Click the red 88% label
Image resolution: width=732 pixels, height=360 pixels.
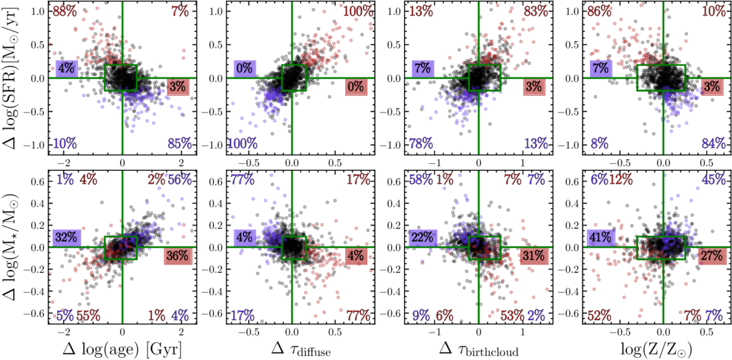point(64,11)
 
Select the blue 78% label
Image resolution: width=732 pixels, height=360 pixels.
point(421,143)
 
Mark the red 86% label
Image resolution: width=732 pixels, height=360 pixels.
point(600,11)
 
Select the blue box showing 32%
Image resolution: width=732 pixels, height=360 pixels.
point(67,237)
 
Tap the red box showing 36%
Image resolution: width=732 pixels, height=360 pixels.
point(178,256)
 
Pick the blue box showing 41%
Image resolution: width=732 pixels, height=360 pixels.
point(601,237)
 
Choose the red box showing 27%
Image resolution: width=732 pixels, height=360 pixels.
point(713,256)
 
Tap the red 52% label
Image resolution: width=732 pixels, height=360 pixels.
point(600,315)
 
